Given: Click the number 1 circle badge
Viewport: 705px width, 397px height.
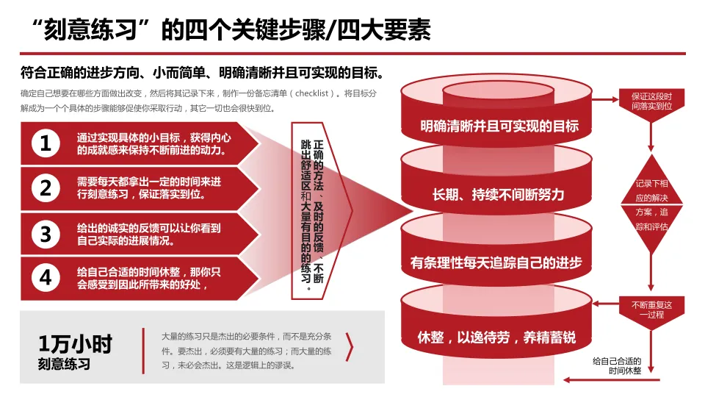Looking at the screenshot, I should [46, 143].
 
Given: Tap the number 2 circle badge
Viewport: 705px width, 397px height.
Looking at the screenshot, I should [46, 189].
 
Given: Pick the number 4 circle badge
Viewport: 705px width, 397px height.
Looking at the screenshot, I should [46, 279].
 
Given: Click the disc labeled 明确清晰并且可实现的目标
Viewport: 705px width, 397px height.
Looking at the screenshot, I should [499, 126].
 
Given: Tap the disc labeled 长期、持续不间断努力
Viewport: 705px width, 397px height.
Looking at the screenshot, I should [499, 194].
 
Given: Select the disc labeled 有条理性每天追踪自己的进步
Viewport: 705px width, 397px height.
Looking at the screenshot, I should [496, 262].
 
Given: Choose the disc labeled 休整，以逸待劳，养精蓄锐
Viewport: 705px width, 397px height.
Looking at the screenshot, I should [496, 337].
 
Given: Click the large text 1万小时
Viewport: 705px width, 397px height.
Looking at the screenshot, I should [76, 343].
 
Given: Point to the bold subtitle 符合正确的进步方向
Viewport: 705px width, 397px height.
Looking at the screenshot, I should [202, 74].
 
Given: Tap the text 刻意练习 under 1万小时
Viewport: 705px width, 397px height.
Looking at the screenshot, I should [64, 363].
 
